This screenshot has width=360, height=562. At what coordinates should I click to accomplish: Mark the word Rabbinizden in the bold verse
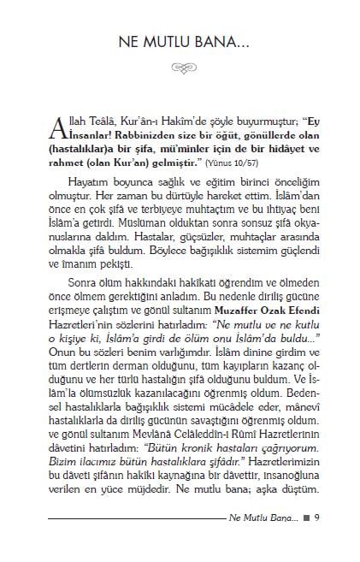pyautogui.click(x=115, y=134)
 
